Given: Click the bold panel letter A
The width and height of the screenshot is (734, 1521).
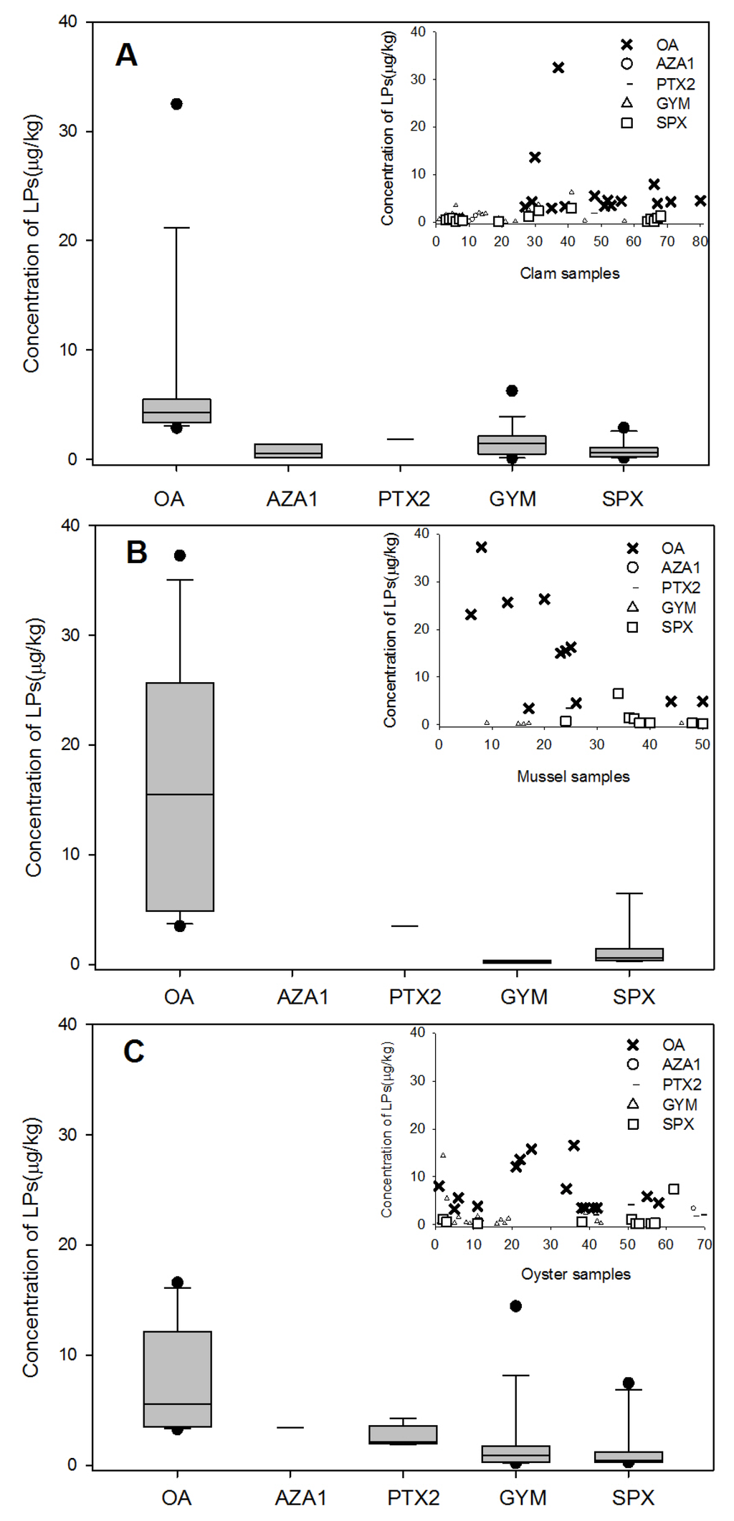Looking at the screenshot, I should [x=126, y=55].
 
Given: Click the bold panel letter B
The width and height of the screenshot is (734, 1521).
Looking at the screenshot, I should [x=136, y=552].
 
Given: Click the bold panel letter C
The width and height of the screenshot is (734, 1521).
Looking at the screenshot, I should [x=134, y=1052].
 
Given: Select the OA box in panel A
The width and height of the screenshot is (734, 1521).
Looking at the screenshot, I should [x=176, y=411].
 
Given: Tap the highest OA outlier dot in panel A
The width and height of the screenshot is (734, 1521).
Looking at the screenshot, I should [x=176, y=104].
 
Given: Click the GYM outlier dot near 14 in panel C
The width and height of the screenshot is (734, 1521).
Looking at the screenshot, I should [x=515, y=1306].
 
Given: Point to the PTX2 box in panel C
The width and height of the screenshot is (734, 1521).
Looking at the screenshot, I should [x=403, y=1434].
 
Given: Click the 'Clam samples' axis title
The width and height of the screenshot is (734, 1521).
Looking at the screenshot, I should [x=569, y=274].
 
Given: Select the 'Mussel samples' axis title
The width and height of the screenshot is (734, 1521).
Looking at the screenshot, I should [x=573, y=777].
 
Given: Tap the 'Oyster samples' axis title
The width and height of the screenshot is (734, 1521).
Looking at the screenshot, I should [x=575, y=1275].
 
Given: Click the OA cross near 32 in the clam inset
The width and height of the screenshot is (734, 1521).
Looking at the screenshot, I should [x=558, y=67].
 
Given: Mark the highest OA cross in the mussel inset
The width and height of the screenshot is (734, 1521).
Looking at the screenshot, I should [x=482, y=547].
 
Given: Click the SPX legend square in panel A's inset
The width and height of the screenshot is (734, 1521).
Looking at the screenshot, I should [x=626, y=123].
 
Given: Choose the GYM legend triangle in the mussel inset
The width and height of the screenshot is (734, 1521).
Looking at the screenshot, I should [x=632, y=607].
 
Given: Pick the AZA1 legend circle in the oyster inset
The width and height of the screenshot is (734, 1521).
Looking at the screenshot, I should [x=632, y=1065].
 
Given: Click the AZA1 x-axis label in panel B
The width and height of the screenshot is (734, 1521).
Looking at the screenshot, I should [x=302, y=997].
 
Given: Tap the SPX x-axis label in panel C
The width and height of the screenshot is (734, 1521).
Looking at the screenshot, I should [x=633, y=1497].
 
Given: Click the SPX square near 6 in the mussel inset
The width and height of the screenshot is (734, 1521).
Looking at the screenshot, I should [x=618, y=694].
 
